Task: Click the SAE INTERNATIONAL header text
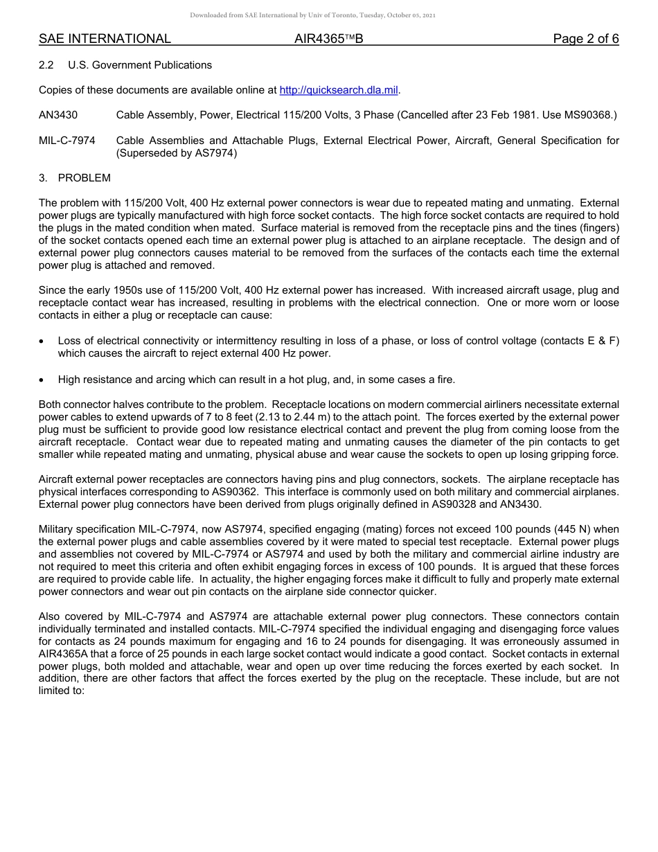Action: point(105,39)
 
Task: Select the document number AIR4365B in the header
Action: point(328,39)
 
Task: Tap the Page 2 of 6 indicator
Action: point(585,39)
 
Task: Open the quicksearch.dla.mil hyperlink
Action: point(339,90)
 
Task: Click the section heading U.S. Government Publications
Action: point(140,65)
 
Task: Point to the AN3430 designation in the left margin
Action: point(58,115)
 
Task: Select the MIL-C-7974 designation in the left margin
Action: point(67,141)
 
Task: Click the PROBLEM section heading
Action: point(84,178)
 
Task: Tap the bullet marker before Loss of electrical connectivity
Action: point(42,341)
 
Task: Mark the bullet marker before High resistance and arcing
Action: point(42,380)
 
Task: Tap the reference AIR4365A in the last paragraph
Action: point(69,654)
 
